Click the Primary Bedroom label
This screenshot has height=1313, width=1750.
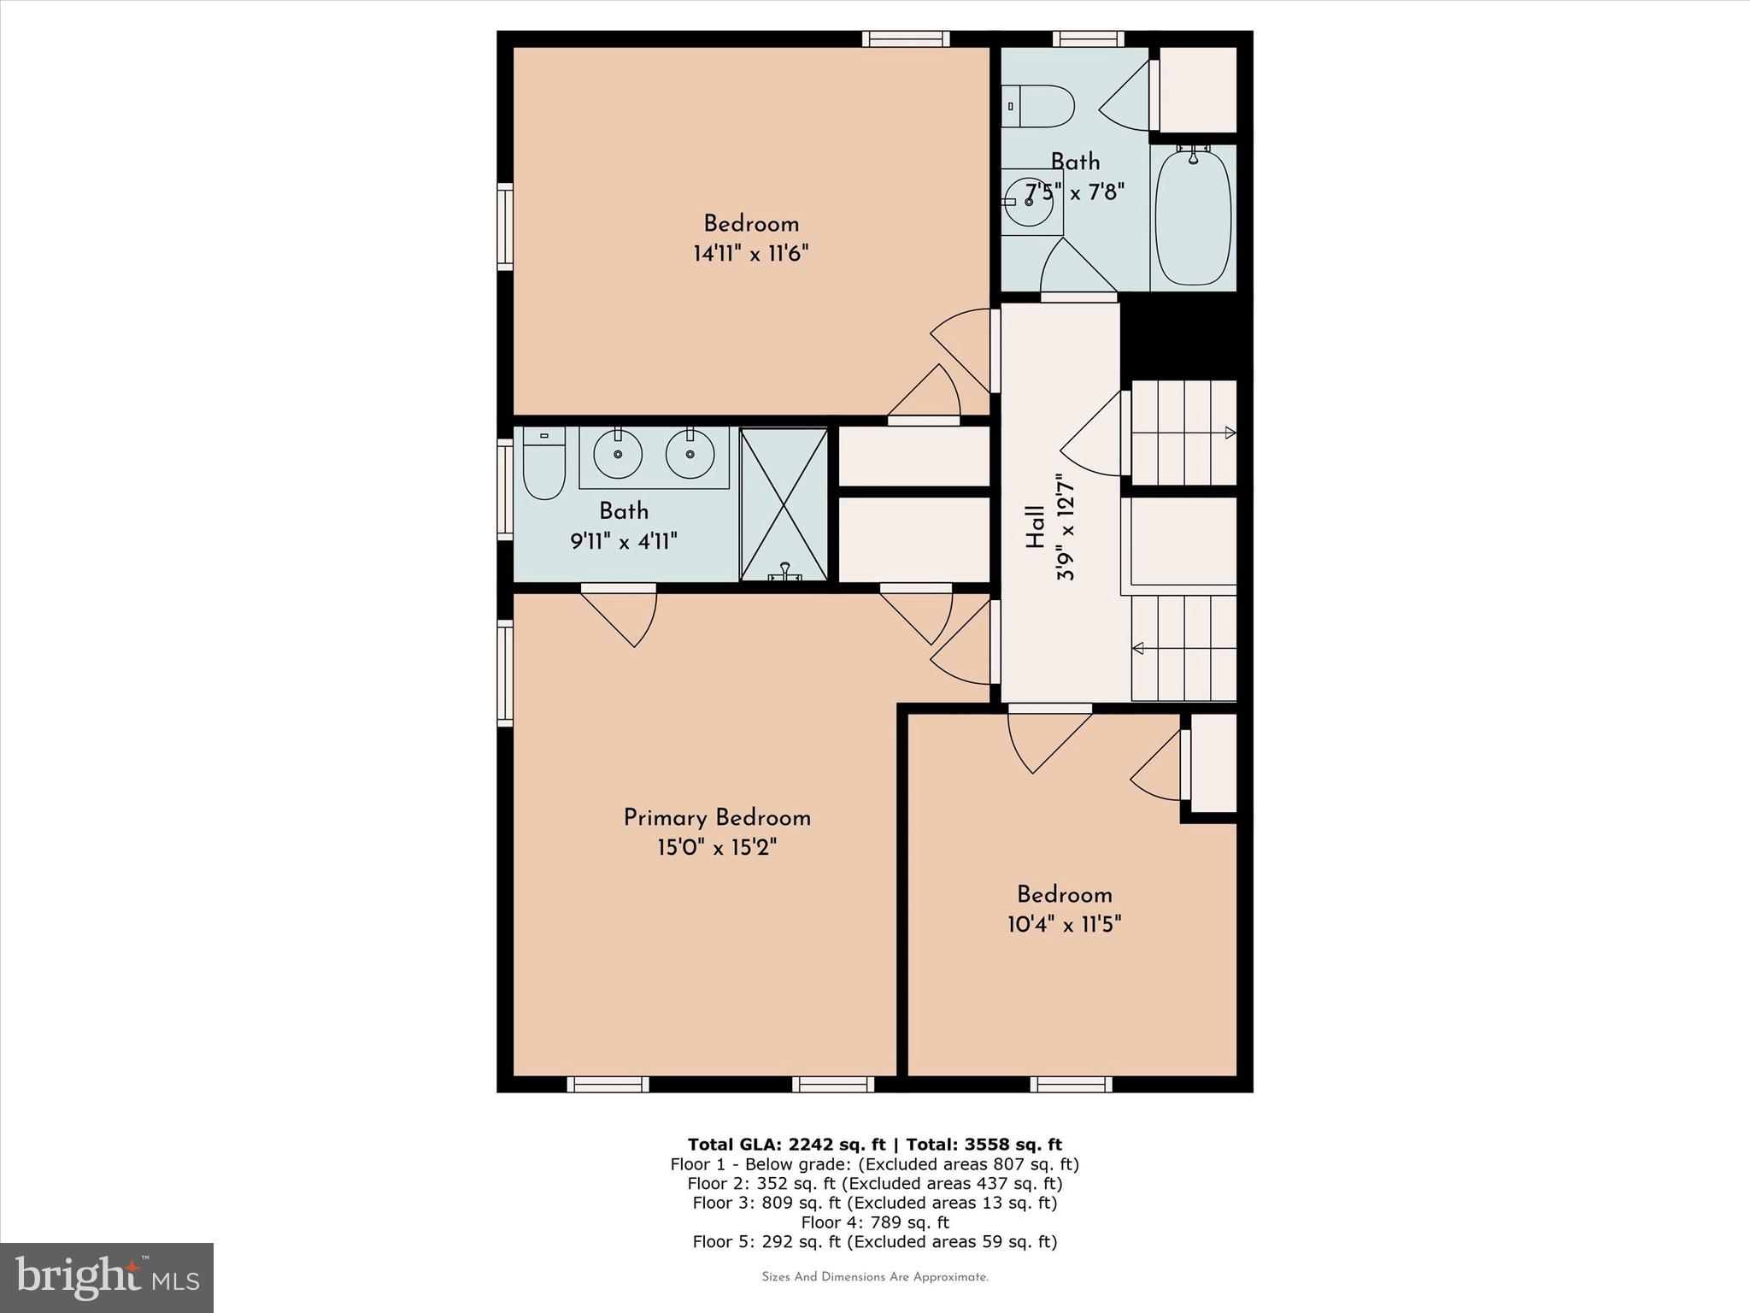717,818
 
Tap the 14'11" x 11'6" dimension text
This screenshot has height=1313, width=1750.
751,254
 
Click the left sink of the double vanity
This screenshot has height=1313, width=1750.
617,454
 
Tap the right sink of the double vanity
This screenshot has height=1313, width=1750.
690,454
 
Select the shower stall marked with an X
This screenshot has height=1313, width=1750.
784,505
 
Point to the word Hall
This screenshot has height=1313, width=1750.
1035,527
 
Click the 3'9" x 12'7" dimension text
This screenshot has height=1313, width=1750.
1066,527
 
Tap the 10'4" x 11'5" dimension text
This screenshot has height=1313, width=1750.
1064,925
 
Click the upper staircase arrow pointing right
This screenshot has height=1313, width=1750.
1230,433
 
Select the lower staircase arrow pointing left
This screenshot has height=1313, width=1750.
1138,649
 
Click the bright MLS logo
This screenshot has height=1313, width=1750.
107,1277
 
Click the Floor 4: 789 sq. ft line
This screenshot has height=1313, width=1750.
875,1222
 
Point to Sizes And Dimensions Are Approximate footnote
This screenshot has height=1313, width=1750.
875,1277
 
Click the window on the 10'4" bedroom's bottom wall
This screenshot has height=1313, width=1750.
1071,1085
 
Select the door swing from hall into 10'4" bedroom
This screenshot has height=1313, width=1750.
1047,739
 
